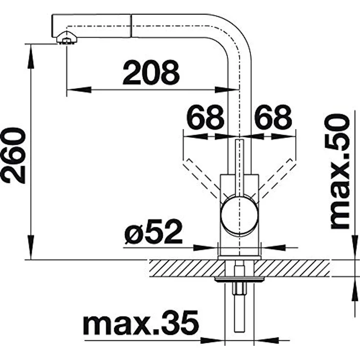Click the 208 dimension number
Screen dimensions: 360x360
coord(151,72)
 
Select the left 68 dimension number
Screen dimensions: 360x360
coord(205,117)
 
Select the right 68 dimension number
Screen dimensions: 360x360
coord(273,117)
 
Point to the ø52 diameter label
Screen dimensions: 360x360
coord(153,232)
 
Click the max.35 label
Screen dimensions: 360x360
coord(141,323)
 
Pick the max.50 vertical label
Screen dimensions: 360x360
coord(340,171)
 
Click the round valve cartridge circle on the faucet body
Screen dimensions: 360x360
coord(240,214)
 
